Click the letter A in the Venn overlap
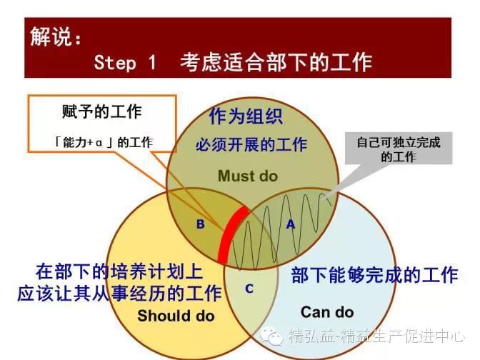(x=291, y=224)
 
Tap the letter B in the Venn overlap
(x=200, y=224)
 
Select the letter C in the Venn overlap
(x=249, y=289)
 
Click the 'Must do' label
(x=248, y=176)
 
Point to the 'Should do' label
(x=176, y=316)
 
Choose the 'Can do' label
(x=327, y=312)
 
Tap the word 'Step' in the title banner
(x=115, y=62)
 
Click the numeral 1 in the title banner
(x=152, y=61)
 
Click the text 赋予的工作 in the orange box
(x=102, y=111)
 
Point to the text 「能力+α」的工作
(x=103, y=143)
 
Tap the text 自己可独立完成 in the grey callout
(x=399, y=143)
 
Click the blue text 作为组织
(x=246, y=116)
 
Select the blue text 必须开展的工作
(x=251, y=144)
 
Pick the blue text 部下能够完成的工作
(x=374, y=275)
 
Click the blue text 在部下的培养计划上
(x=119, y=271)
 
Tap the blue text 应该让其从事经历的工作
(x=119, y=294)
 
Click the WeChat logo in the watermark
(x=271, y=336)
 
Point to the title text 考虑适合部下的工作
(x=276, y=62)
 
